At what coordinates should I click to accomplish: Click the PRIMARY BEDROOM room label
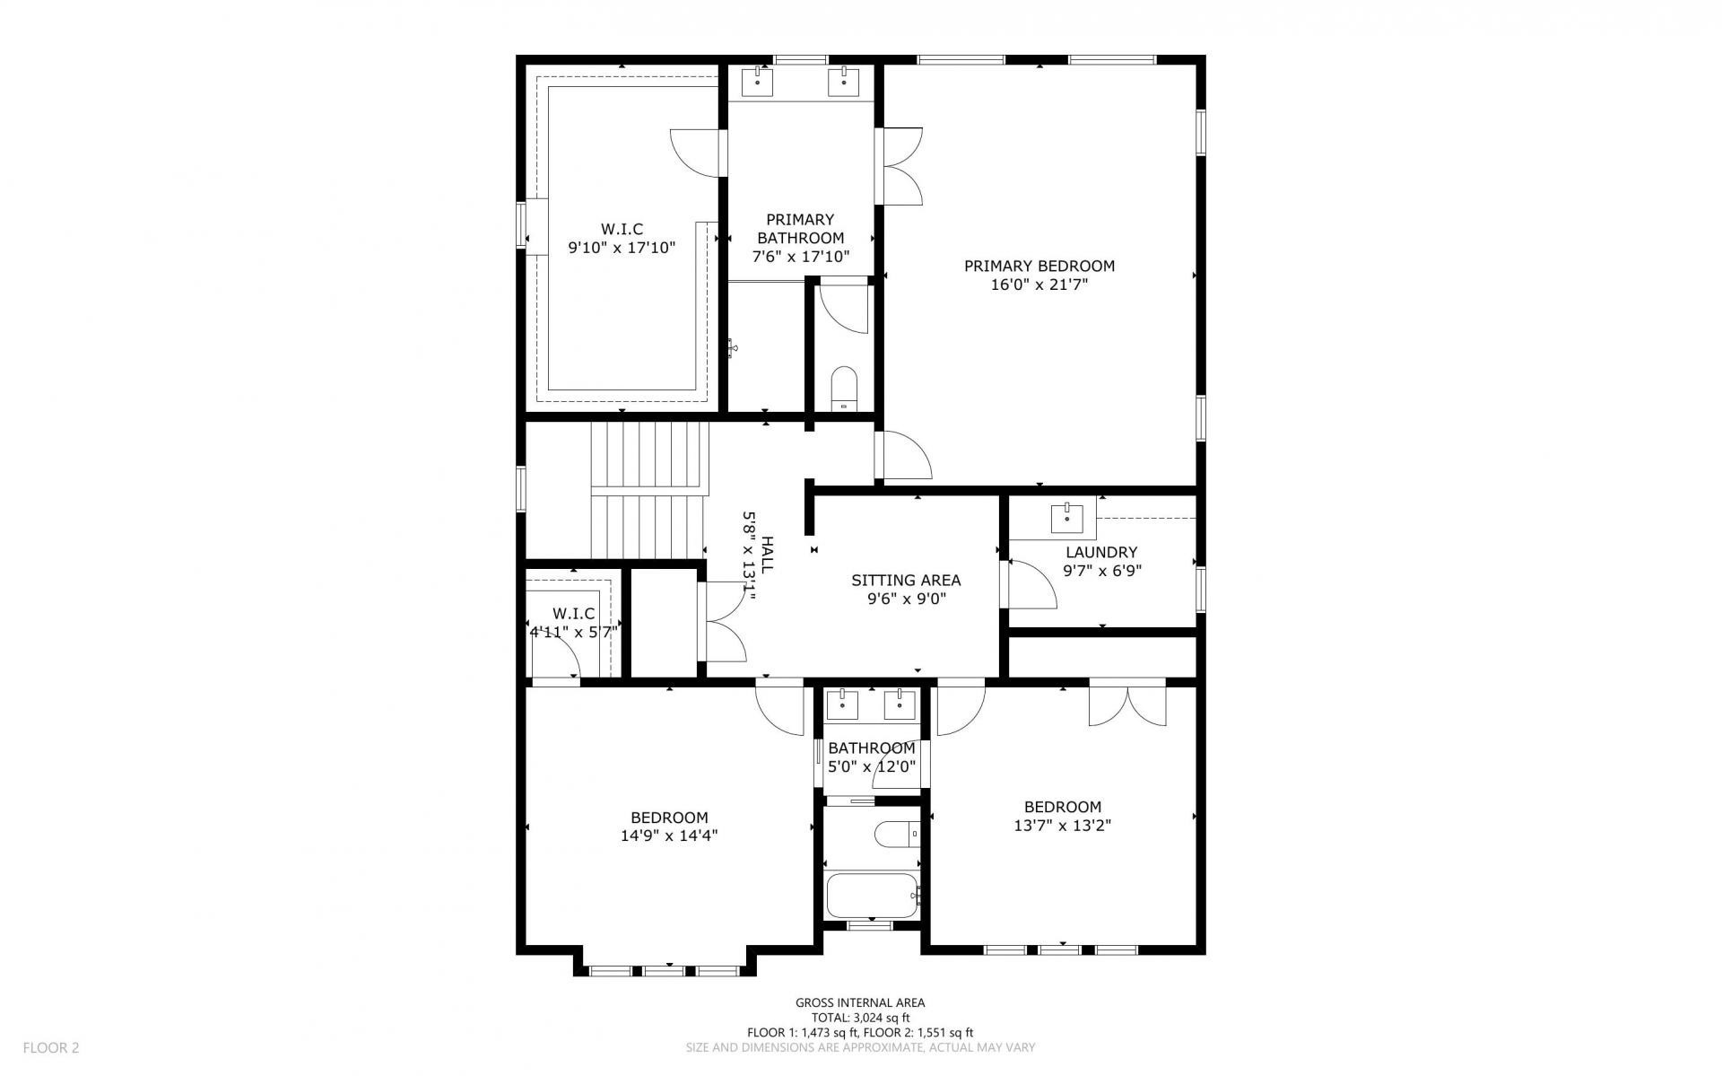1039,266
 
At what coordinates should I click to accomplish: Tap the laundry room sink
1066,518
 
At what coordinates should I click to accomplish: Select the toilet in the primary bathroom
845,388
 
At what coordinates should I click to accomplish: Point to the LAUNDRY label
1101,552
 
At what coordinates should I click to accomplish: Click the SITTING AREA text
906,581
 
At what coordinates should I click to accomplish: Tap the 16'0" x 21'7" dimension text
1039,285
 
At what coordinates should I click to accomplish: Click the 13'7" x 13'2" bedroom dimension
1063,826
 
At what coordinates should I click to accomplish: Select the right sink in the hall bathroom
900,705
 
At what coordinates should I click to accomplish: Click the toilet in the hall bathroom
898,835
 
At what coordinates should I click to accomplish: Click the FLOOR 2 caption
51,1046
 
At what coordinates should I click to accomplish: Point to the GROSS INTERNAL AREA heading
860,1002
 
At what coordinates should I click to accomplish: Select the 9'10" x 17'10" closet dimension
622,247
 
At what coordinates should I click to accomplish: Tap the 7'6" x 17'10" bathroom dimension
800,257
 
